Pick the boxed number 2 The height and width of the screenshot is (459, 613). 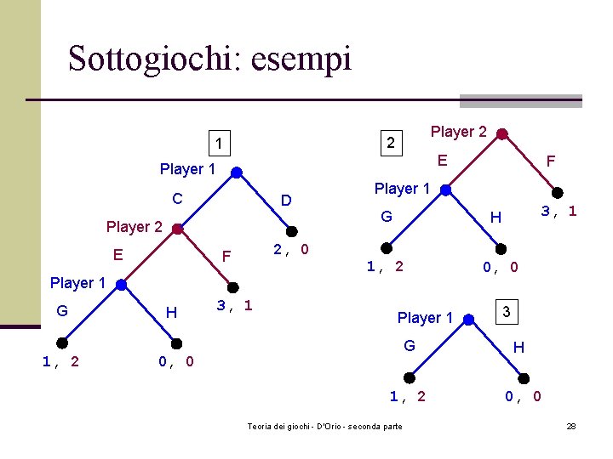point(390,143)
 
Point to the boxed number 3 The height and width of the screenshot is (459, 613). point(507,312)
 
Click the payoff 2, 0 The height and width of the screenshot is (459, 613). point(291,250)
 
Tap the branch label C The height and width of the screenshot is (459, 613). point(178,199)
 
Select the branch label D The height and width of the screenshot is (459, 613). point(287,201)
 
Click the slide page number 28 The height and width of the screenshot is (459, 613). point(571,426)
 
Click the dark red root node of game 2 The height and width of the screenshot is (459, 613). point(502,133)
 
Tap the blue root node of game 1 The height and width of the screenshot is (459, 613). point(237,173)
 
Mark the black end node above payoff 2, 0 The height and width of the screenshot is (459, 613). point(291,230)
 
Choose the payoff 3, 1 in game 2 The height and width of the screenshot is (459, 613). point(559,211)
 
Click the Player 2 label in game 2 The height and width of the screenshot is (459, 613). point(458,132)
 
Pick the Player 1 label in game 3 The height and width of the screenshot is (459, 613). point(425,318)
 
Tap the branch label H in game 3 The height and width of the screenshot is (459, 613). point(518,347)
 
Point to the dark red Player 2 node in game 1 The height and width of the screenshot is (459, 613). point(176,229)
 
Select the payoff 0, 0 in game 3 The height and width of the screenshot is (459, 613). point(523,396)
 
